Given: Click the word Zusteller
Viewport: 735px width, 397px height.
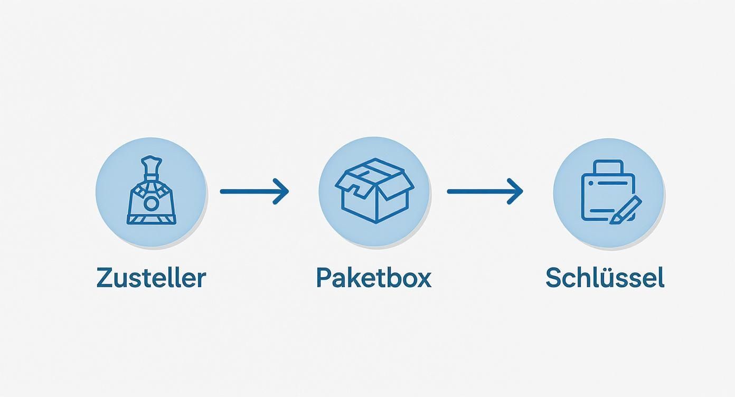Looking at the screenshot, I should click(x=151, y=278).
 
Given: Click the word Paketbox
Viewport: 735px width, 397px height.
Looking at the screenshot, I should click(x=373, y=278).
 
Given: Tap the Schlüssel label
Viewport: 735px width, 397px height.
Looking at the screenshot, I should click(x=605, y=278).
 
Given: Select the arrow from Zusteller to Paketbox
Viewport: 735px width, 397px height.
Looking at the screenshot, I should click(x=253, y=191).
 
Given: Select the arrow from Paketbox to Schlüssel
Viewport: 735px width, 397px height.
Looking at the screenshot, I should click(x=484, y=191).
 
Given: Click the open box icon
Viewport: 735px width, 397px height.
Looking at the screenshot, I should click(x=374, y=191).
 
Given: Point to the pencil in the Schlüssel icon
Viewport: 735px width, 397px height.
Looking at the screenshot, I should click(x=626, y=210).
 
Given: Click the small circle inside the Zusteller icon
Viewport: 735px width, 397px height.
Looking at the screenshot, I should click(x=151, y=203).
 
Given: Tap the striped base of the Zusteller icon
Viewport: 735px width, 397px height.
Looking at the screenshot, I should click(x=151, y=219).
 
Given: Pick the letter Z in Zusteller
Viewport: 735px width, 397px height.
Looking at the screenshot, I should click(x=105, y=278).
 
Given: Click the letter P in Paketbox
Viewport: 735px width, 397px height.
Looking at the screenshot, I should click(x=323, y=278).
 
